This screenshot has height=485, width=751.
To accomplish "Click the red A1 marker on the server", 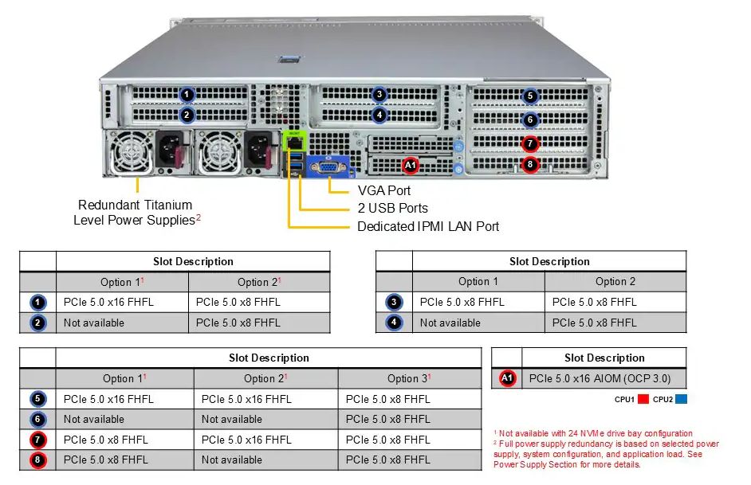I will coord(411,166).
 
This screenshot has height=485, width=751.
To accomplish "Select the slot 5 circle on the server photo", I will coord(530,96).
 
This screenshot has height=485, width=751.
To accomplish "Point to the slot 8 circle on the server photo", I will coord(530,165).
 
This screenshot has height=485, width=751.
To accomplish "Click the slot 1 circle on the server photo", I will coord(187,95).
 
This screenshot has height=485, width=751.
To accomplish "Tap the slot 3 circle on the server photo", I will coord(379,95).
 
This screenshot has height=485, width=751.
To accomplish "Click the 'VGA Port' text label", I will coord(384,191).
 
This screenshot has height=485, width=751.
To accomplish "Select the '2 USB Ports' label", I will coord(392,209).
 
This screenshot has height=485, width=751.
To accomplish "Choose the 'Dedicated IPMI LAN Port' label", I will coord(428,226).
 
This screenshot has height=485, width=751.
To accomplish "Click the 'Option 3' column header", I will coord(409,378).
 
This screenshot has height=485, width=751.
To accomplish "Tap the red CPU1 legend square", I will coord(644,399).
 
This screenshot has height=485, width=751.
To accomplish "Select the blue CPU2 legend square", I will coord(680,399).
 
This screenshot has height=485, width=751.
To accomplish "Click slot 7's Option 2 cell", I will coord(246,440).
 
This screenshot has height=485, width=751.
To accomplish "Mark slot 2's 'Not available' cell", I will coord(94,323).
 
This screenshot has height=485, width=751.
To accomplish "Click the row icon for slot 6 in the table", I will coord(39,419).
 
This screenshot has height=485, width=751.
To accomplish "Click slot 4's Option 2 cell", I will coord(595,323).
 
